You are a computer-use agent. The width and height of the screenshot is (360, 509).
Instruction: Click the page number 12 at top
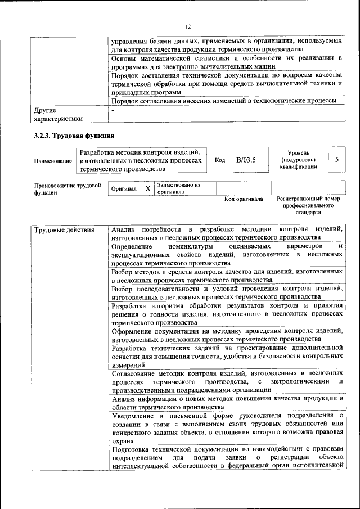click(188, 26)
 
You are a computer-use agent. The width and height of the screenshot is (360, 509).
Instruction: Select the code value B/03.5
click(246, 160)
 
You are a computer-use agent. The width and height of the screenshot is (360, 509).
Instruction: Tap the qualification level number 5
click(336, 160)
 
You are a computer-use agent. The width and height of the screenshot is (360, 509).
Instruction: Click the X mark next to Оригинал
click(147, 189)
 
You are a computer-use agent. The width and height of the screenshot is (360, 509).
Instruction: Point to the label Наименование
click(53, 161)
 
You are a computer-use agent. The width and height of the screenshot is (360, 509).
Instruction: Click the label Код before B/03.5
click(220, 160)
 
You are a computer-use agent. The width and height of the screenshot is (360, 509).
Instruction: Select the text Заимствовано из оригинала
click(179, 188)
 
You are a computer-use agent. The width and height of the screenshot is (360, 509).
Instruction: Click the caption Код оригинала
click(244, 199)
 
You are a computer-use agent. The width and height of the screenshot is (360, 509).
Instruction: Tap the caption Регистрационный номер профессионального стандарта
click(308, 206)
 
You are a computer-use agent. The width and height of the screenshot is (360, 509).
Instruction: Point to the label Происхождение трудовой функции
click(67, 188)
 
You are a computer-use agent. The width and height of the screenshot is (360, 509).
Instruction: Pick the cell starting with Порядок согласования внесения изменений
click(224, 101)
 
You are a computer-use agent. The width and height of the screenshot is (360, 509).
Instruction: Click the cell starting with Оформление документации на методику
click(227, 335)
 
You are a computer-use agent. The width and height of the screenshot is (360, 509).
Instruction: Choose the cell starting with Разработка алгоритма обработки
click(227, 314)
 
